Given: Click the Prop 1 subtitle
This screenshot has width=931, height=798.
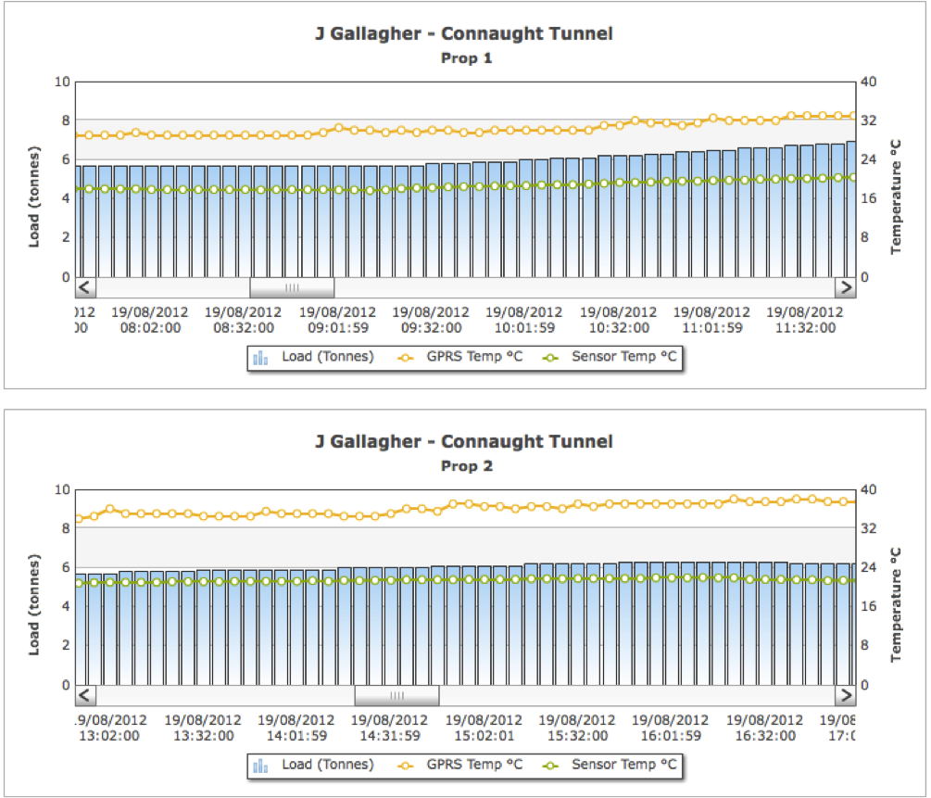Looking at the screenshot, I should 464,58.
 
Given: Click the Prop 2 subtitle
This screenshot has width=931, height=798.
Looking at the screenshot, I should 464,466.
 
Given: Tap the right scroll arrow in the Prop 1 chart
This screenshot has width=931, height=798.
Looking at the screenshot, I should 845,287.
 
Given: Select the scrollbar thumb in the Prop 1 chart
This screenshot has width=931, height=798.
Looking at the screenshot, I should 292,287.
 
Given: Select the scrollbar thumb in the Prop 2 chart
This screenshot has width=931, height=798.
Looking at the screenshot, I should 396,695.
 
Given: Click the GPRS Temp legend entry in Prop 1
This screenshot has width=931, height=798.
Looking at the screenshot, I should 459,357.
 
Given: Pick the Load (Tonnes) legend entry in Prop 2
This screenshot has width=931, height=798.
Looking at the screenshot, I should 312,765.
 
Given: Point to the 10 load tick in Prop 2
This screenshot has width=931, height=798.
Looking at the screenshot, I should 62,489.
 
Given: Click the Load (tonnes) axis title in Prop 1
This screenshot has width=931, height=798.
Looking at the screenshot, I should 34,196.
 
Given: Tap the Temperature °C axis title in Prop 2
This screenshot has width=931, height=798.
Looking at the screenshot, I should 896,603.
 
